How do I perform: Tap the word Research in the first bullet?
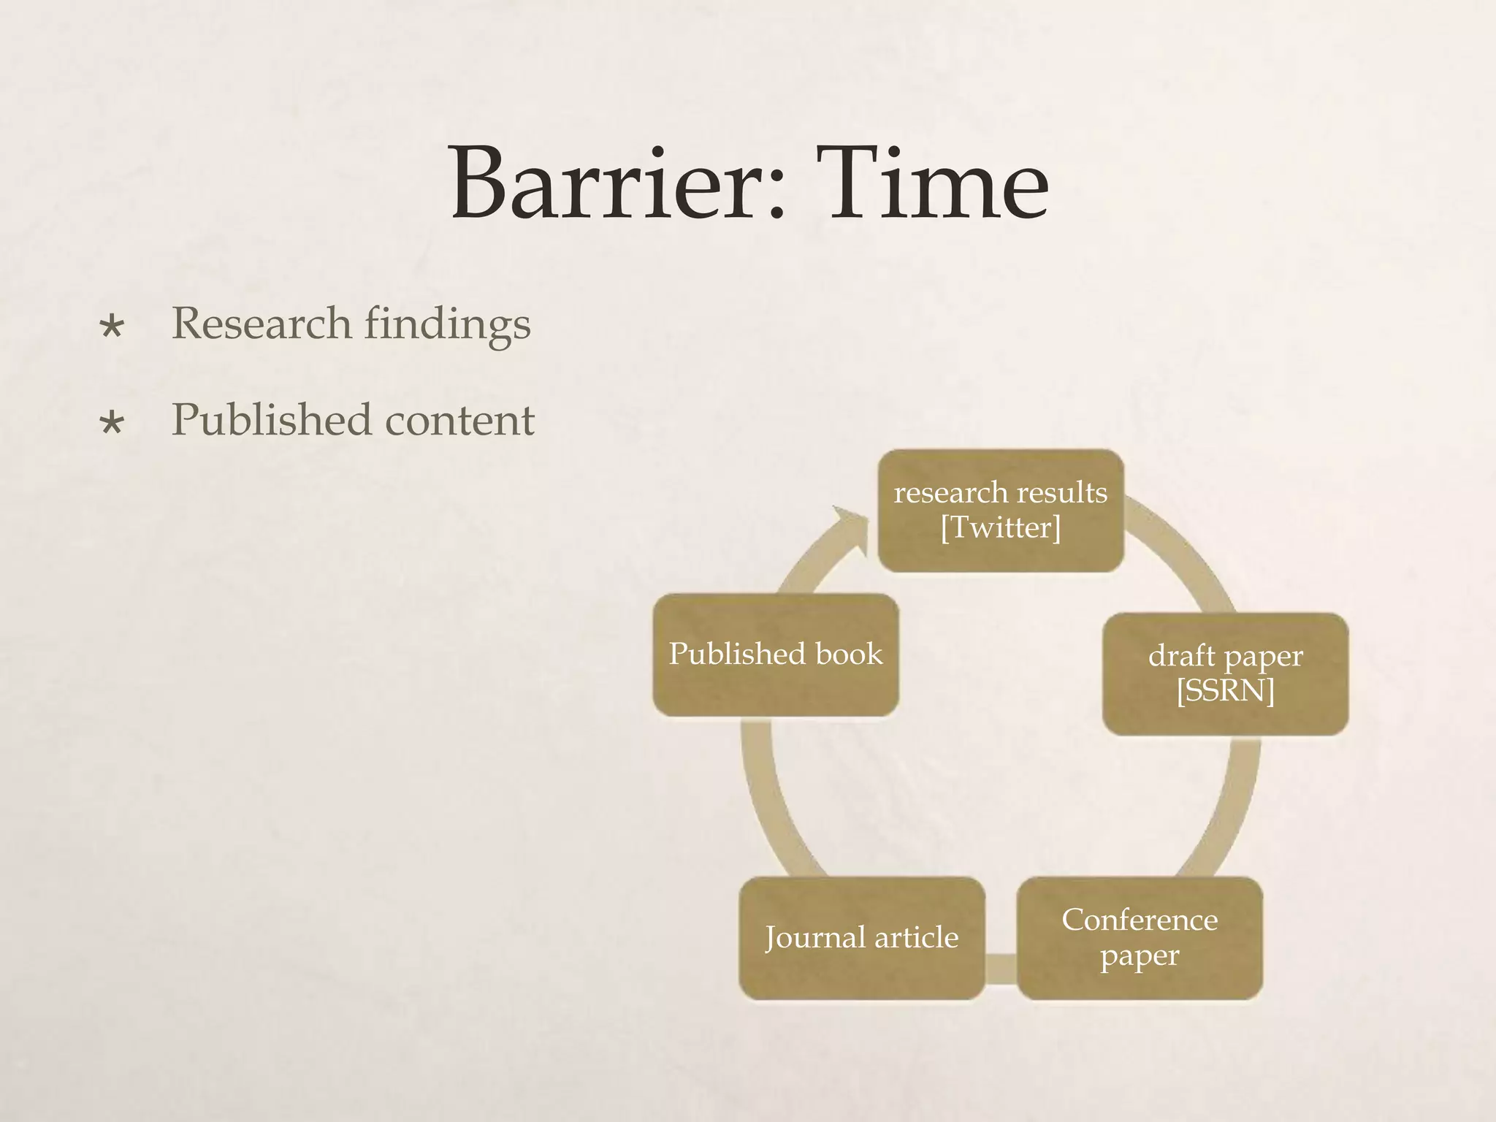261,323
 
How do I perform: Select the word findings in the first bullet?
447,324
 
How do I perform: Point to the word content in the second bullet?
459,420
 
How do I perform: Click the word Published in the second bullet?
271,420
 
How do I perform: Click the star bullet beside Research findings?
112,327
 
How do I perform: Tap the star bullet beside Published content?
112,423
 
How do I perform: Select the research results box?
1000,510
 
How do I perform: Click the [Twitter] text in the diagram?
1000,527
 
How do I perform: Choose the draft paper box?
1225,673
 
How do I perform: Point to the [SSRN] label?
1225,690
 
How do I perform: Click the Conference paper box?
1140,938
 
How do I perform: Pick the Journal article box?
862,938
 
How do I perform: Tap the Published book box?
776,654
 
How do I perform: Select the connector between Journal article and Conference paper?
1001,969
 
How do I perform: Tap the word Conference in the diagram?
1140,920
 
